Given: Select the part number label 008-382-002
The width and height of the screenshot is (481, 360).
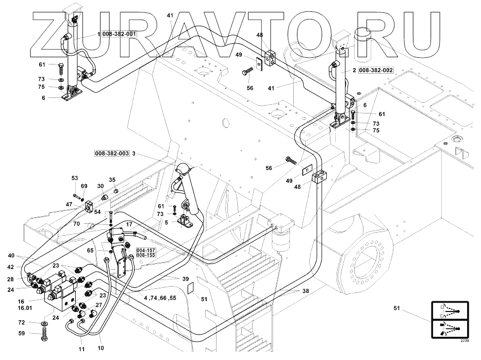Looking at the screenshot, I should click(376, 70).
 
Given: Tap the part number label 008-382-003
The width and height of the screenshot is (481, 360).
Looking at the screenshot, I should click(112, 153).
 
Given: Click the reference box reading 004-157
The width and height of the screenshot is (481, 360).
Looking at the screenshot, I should click(146, 250).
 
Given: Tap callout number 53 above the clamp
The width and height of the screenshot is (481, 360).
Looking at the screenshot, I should click(75, 178).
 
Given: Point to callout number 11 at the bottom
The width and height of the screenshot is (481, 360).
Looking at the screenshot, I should click(82, 349).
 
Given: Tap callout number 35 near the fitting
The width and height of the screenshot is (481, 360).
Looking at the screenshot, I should click(112, 179).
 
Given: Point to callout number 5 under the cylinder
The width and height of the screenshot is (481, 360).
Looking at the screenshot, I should click(167, 222).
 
